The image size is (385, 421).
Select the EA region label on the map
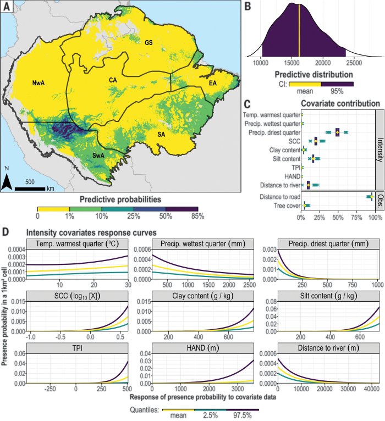tap(212, 83)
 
